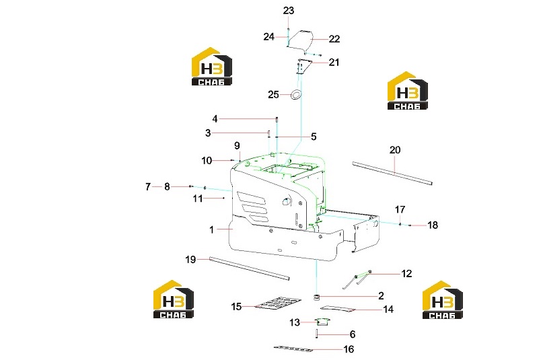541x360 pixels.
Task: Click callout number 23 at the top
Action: (x=289, y=11)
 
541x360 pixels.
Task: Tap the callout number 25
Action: (x=273, y=95)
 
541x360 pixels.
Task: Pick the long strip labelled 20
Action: (x=392, y=173)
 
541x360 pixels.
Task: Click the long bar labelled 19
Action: (x=249, y=268)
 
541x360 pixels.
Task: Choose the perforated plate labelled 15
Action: (x=278, y=303)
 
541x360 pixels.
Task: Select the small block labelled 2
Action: (x=316, y=297)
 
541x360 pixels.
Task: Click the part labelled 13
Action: (x=323, y=322)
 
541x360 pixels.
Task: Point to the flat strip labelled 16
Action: (x=293, y=349)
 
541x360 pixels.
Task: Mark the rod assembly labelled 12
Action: (x=357, y=279)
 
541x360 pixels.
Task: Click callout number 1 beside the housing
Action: (x=211, y=229)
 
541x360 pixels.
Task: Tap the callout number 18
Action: (x=432, y=225)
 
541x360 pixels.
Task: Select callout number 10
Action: (x=207, y=161)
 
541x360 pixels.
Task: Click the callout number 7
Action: (x=147, y=187)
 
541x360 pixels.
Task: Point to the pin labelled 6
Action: (x=316, y=334)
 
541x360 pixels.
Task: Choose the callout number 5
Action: (x=314, y=137)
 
